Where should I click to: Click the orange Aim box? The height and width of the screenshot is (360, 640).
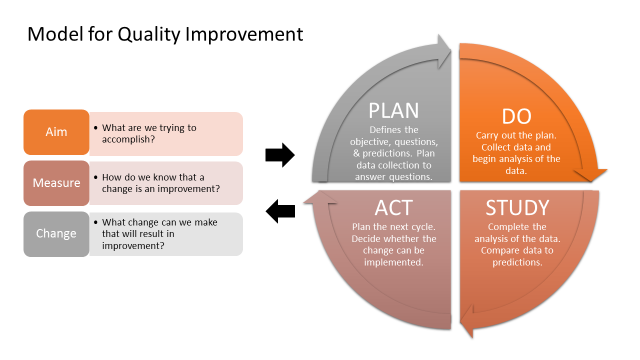point(56,132)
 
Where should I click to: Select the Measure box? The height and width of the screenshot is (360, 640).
point(56,182)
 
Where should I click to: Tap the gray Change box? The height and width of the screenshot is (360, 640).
point(56,233)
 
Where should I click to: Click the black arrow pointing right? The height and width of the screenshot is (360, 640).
point(280,155)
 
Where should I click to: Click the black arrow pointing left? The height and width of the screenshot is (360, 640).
point(280,210)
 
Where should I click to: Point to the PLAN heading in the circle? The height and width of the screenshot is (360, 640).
point(393,110)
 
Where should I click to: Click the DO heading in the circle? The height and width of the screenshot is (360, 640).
point(517,117)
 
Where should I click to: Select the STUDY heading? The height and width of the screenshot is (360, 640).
point(517,208)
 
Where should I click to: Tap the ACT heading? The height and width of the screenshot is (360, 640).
point(393,208)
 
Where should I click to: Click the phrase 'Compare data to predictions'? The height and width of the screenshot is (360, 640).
point(517,256)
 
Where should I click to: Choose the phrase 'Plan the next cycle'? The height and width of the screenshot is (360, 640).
point(393,227)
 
